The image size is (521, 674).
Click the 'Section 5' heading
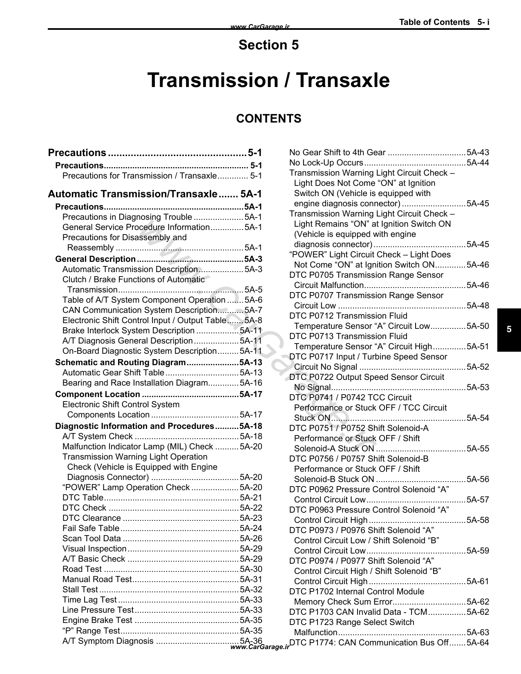pos(268,45)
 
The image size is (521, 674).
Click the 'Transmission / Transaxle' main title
pos(268,80)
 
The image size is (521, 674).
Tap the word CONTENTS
pos(268,118)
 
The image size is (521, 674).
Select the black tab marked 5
pos(509,330)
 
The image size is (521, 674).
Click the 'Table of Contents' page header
pos(434,22)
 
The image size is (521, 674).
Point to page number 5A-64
pos(478,643)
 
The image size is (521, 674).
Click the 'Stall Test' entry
pos(80,589)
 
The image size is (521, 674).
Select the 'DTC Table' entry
pos(83,498)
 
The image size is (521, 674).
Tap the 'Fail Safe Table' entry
pos(91,528)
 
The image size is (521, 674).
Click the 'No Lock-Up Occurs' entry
pos(326,163)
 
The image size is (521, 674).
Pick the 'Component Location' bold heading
pos(98,394)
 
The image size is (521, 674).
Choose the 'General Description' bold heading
pos(95,259)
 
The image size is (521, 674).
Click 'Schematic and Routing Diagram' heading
pos(121,362)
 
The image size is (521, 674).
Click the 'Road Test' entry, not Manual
pos(82,569)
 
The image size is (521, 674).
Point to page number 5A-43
pos(478,152)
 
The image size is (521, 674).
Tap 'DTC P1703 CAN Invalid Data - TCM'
pos(358,612)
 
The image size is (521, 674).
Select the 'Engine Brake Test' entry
pos(97,620)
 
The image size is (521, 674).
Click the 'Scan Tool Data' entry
pos(92,538)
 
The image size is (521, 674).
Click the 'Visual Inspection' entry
pos(94,549)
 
